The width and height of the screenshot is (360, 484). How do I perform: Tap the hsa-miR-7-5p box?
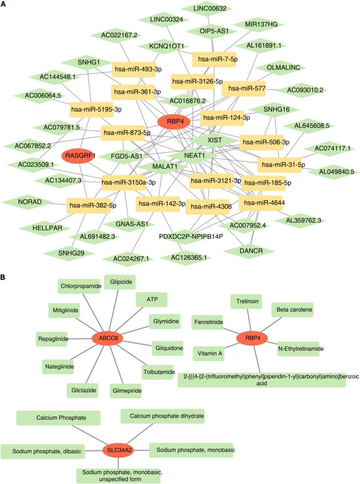pyautogui.click(x=214, y=59)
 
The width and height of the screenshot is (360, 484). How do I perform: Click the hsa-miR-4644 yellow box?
pyautogui.click(x=261, y=202)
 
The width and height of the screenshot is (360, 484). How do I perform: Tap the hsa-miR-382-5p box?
pyautogui.click(x=92, y=205)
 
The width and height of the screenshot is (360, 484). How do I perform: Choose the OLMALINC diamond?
pyautogui.click(x=287, y=67)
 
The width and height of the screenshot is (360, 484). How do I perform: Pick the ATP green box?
pyautogui.click(x=152, y=298)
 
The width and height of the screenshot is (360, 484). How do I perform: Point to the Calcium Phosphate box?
pyautogui.click(x=59, y=417)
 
